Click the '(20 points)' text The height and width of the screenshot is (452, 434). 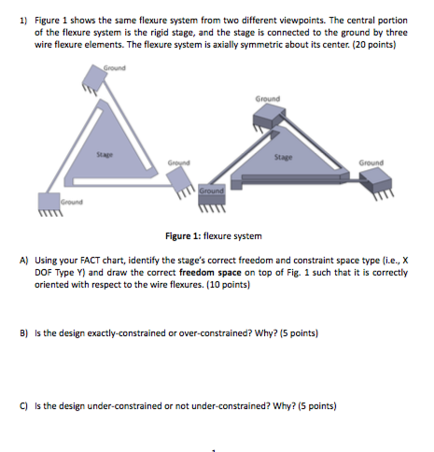371,43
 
